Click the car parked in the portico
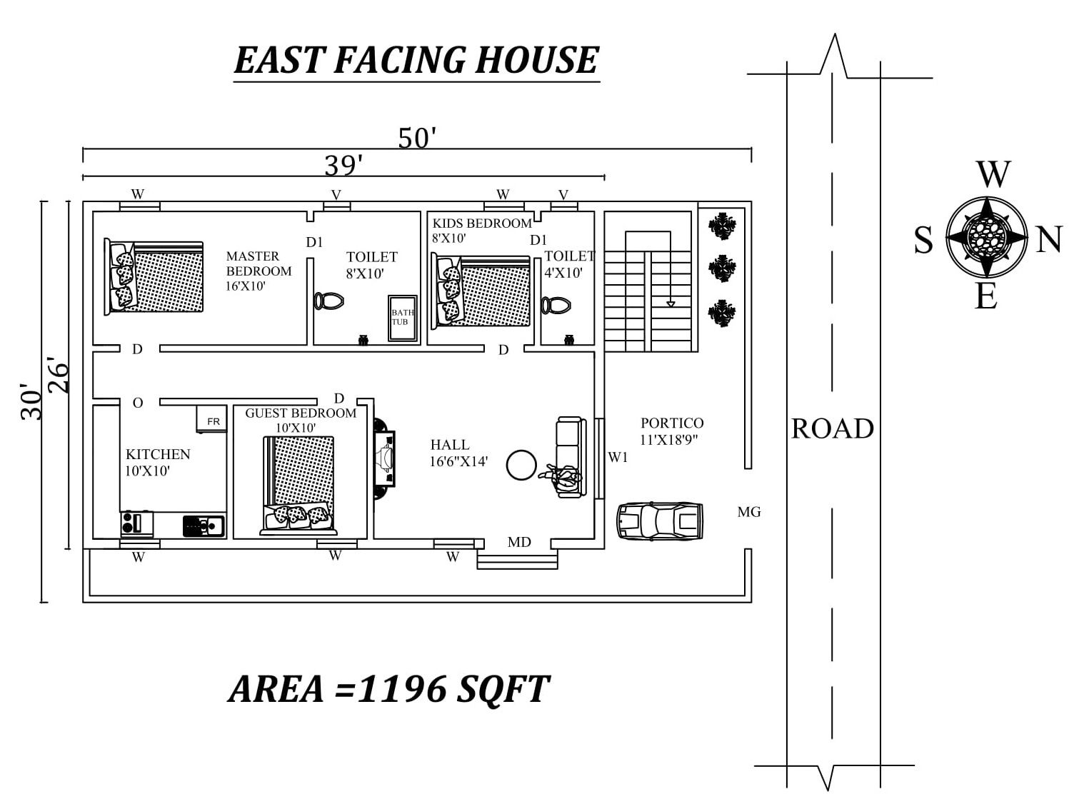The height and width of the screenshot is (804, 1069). [660, 521]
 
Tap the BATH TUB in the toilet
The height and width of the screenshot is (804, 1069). [402, 318]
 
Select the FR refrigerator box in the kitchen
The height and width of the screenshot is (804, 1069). [211, 419]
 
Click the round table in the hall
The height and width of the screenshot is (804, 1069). [521, 465]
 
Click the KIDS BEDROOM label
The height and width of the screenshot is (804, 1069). [482, 223]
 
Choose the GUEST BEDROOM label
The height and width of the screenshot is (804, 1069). [301, 413]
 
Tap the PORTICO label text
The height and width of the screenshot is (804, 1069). [671, 423]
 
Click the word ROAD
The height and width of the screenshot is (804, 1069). [833, 429]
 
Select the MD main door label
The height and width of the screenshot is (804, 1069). [518, 542]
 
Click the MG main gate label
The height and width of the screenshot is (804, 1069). [749, 512]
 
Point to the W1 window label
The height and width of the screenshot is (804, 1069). [618, 457]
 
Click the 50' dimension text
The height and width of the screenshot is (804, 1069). [416, 138]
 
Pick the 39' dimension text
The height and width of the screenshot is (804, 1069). [343, 166]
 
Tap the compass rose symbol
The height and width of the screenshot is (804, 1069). [987, 238]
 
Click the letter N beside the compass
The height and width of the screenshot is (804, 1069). [1048, 240]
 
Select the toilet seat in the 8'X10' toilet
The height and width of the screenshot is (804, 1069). [328, 301]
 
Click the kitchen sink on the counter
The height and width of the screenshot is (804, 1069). [204, 526]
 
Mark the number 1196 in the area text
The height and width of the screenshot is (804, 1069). [402, 689]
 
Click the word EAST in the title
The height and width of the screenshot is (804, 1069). [279, 60]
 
